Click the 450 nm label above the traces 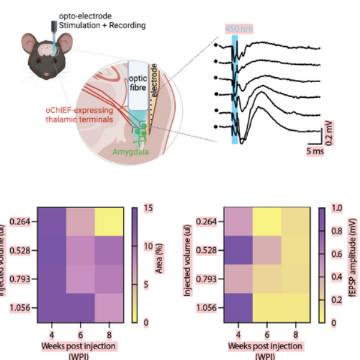click(235, 28)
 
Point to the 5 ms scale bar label click(314, 152)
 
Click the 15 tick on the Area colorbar click(148, 208)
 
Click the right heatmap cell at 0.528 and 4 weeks click(239, 251)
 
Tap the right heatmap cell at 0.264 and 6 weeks click(267, 222)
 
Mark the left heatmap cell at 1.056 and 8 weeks click(109, 308)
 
